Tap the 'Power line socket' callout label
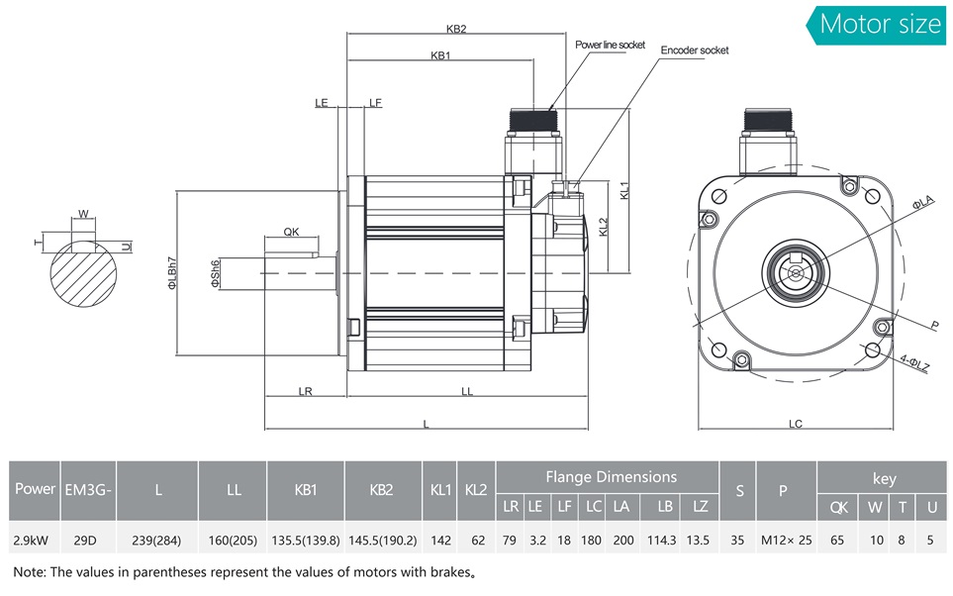click(x=610, y=45)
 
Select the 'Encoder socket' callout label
click(x=695, y=50)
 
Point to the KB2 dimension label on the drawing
click(x=456, y=29)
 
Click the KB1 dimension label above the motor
click(x=440, y=55)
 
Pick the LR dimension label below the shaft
click(x=305, y=391)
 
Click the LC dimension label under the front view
click(x=796, y=424)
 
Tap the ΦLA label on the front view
click(x=921, y=203)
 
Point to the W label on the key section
click(x=83, y=213)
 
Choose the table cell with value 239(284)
click(x=159, y=541)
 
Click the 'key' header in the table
click(x=884, y=478)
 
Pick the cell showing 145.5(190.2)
click(x=383, y=541)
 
